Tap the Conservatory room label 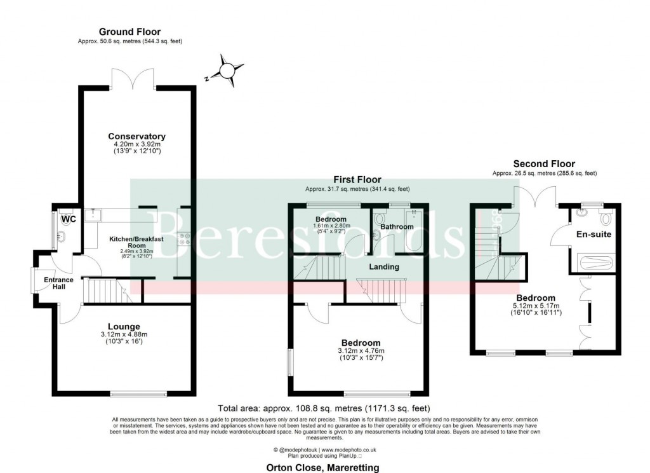pyautogui.click(x=136, y=137)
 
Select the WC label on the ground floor pyautogui.click(x=69, y=219)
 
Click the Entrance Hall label pyautogui.click(x=58, y=284)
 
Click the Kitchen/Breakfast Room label pyautogui.click(x=137, y=242)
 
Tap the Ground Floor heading pyautogui.click(x=129, y=32)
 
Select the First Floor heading pyautogui.click(x=357, y=180)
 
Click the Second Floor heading pyautogui.click(x=544, y=163)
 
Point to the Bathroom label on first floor pyautogui.click(x=397, y=226)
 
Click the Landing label pyautogui.click(x=384, y=266)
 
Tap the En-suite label pyautogui.click(x=594, y=235)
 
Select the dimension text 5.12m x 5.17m pyautogui.click(x=536, y=307)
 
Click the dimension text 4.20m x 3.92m pyautogui.click(x=136, y=145)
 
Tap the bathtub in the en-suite pyautogui.click(x=594, y=263)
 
